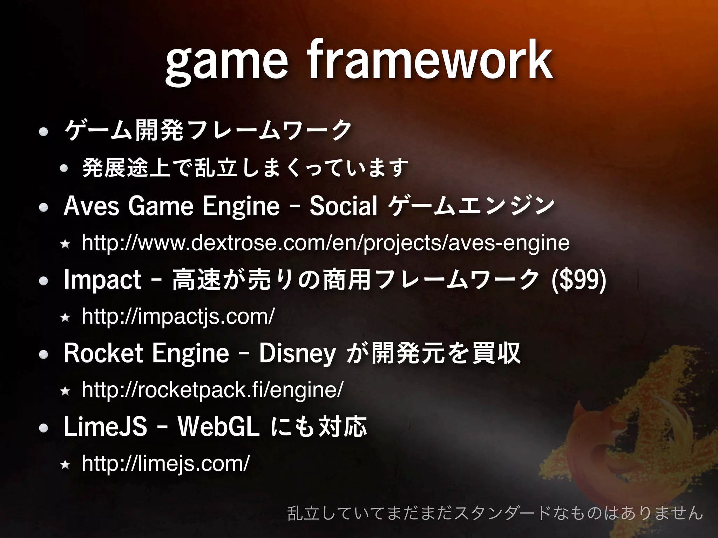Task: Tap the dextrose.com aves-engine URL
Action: (x=325, y=242)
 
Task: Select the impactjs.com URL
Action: (x=178, y=316)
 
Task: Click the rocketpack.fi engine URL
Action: (x=212, y=389)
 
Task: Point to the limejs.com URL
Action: (x=165, y=463)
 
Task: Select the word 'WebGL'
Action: (x=218, y=427)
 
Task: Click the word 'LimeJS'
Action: (x=105, y=427)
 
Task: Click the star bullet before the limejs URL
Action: (x=65, y=464)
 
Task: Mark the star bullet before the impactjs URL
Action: (x=65, y=317)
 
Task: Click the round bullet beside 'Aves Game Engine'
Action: (x=43, y=207)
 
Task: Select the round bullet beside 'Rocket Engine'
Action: (x=43, y=354)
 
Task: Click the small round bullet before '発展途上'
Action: (x=63, y=168)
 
